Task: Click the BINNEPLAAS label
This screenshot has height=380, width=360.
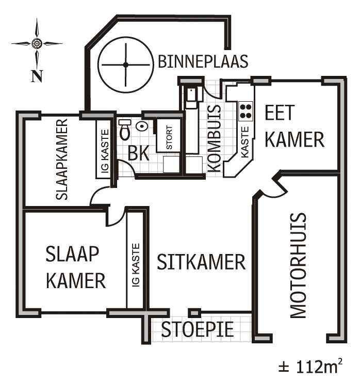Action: pyautogui.click(x=203, y=61)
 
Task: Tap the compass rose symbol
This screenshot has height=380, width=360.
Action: pyautogui.click(x=37, y=43)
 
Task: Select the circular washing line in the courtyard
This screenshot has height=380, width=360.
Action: pyautogui.click(x=125, y=65)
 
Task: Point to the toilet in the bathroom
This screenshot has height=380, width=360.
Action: pyautogui.click(x=125, y=131)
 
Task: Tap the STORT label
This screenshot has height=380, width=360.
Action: pyautogui.click(x=169, y=135)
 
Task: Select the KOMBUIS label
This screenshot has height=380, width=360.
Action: pyautogui.click(x=216, y=138)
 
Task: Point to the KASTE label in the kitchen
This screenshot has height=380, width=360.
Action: pyautogui.click(x=246, y=142)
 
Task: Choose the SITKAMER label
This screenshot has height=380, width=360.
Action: pyautogui.click(x=201, y=262)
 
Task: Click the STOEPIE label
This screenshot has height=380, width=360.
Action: pyautogui.click(x=198, y=329)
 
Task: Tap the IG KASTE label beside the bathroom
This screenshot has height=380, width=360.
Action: pyautogui.click(x=105, y=153)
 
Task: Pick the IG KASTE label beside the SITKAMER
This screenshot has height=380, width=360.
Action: pyautogui.click(x=136, y=265)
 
